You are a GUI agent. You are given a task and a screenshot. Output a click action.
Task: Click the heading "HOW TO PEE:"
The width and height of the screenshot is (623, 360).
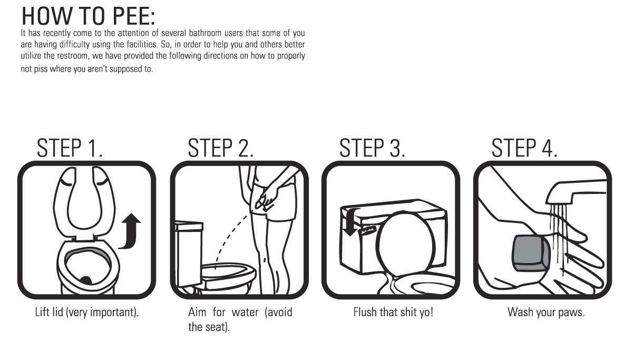coord(88,16)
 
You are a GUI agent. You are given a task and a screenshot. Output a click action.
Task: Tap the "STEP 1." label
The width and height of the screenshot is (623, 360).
coord(70,148)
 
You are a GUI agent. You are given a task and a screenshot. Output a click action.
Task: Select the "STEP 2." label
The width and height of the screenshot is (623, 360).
coord(220,148)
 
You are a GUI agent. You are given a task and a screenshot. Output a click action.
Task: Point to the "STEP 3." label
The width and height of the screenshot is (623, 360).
coord(372,148)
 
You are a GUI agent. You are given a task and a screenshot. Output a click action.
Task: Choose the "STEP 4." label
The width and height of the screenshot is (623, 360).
coord(524,148)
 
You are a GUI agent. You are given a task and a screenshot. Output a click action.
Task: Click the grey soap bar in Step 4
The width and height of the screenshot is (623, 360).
coord(531,253)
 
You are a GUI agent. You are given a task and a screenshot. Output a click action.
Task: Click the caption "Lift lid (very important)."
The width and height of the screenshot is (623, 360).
coord(86,313)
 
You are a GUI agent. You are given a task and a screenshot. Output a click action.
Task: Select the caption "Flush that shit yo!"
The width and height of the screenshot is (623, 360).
coord(393,313)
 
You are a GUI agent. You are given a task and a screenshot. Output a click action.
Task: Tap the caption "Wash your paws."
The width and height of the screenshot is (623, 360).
coord(546,313)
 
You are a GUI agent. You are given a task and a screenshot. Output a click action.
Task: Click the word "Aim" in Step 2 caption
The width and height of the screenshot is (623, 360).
coord(197,313)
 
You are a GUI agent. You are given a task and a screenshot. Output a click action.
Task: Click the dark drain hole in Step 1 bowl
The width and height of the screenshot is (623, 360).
coord(85,280)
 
